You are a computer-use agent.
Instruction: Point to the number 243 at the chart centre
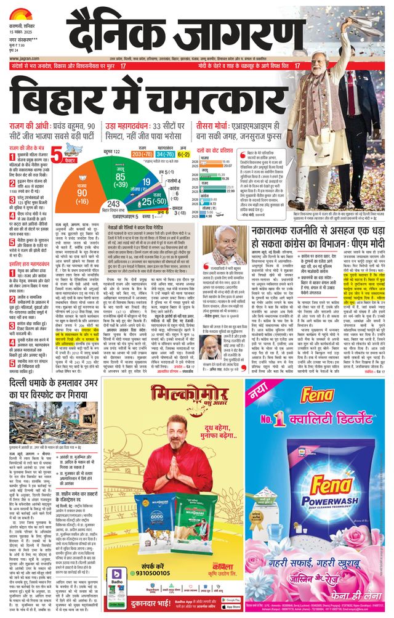point(115,204)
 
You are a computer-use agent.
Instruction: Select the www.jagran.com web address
point(25,59)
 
